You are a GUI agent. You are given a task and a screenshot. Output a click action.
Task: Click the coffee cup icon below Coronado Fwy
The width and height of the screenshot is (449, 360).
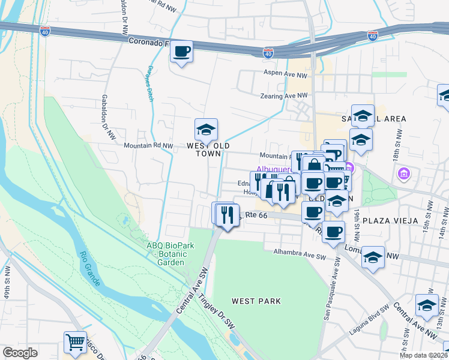[x=182, y=51]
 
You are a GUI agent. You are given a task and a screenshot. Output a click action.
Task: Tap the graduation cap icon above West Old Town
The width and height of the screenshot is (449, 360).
[x=206, y=130]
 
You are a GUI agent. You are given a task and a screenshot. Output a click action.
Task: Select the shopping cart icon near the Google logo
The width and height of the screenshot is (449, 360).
[x=76, y=343]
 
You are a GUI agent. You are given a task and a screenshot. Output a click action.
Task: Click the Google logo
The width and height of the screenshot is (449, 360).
[x=20, y=353]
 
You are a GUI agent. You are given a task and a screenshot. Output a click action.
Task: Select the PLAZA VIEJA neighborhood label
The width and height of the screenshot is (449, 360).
[x=391, y=220]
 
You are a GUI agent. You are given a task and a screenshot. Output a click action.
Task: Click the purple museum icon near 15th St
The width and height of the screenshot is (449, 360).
[x=404, y=174]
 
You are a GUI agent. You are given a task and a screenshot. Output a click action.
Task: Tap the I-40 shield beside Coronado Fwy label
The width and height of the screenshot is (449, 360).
[x=268, y=53]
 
